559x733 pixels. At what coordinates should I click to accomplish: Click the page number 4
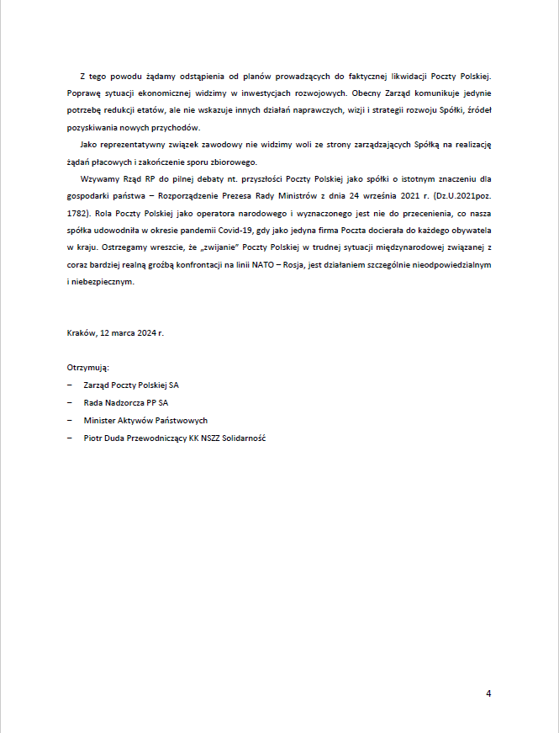[x=488, y=693]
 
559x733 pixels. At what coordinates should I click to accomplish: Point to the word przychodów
[x=177, y=127]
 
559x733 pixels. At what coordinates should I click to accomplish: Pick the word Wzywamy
[x=99, y=179]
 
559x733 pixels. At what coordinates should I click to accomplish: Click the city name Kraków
[x=82, y=333]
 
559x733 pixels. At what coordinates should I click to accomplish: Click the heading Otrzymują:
[x=88, y=369]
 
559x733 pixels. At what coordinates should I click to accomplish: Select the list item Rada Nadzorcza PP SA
[x=126, y=402]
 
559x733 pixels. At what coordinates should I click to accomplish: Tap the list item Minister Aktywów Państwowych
[x=145, y=420]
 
